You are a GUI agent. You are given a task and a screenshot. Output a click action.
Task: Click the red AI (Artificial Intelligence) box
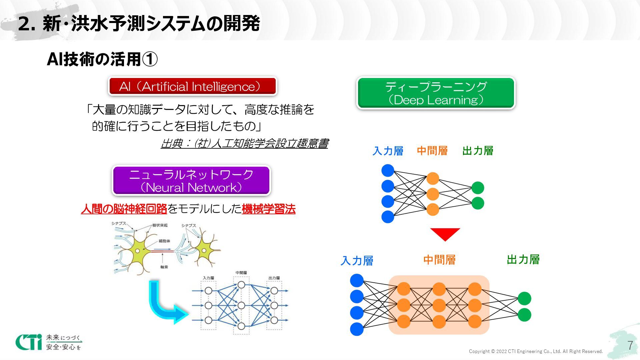[x=192, y=86]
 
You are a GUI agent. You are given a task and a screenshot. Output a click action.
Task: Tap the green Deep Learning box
[x=436, y=93]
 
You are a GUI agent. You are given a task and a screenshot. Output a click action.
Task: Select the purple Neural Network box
[x=191, y=181]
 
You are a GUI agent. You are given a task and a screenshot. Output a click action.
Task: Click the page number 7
[x=630, y=346]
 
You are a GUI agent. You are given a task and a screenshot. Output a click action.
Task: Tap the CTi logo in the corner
[x=29, y=342]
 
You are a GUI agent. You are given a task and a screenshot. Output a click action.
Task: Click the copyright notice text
[x=536, y=351]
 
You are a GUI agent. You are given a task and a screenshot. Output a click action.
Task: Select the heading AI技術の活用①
[x=102, y=59]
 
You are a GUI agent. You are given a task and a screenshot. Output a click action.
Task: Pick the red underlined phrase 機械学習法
[x=269, y=209]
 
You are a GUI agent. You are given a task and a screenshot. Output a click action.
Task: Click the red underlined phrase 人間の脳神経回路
[x=124, y=209]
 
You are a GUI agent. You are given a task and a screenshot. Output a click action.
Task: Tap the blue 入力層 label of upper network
[x=388, y=151]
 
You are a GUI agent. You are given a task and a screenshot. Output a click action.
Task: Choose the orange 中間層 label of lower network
[x=439, y=260]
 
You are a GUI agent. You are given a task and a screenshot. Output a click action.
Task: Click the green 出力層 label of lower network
[x=523, y=260]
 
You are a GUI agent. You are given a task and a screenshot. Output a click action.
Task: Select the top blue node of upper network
[x=388, y=171]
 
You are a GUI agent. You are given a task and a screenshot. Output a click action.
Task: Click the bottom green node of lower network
[x=524, y=315]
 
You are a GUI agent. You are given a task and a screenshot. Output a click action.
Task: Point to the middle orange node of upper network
[x=433, y=194]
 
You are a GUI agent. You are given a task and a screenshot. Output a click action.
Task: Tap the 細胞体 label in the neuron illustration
[x=164, y=241]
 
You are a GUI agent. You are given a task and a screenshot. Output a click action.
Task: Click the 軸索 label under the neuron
[x=164, y=267]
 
